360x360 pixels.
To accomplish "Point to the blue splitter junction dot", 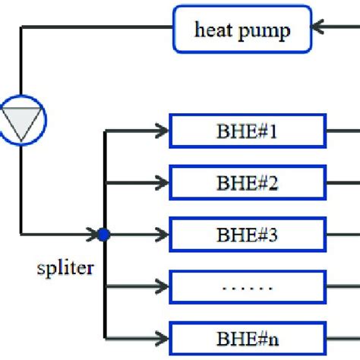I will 104,235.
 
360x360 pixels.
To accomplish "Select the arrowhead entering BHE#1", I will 161,131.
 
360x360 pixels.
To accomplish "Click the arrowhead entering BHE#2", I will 161,182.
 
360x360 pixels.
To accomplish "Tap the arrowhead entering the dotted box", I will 161,286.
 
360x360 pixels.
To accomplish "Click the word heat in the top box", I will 213,30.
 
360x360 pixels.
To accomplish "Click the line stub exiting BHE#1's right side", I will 342,131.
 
